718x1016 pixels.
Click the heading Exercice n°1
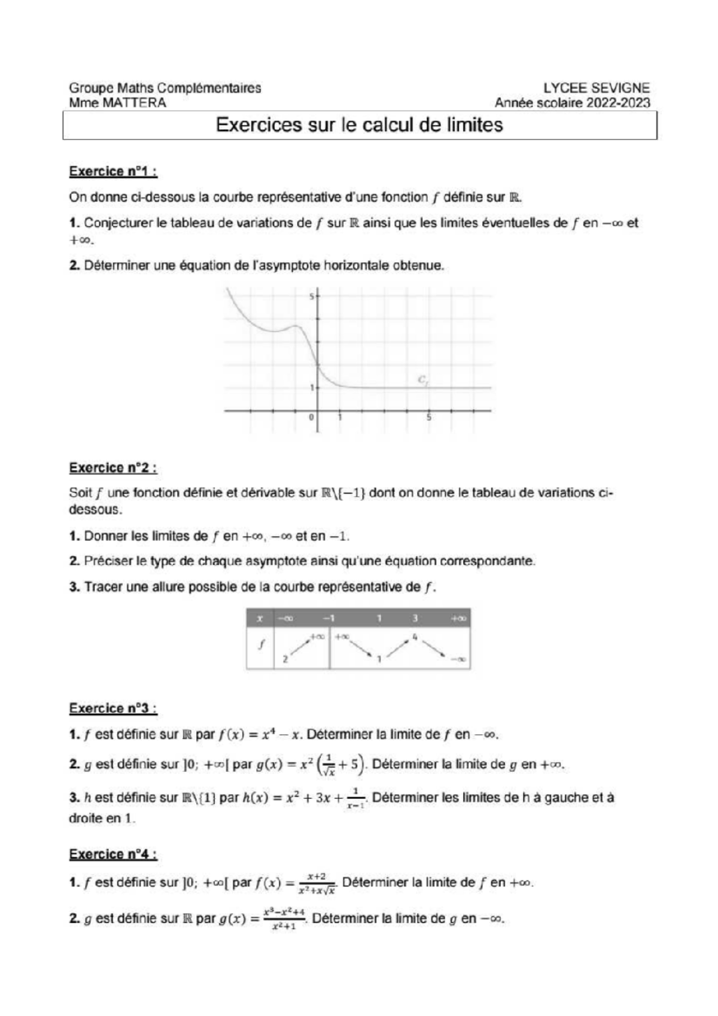[x=113, y=171]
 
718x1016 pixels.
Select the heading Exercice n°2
[x=113, y=467]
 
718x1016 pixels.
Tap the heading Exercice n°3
[x=113, y=708]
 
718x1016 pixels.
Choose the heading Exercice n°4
[x=113, y=854]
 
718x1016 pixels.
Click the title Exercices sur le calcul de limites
[x=359, y=125]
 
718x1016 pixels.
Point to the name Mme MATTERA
[x=117, y=103]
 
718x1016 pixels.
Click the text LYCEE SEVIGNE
[x=596, y=88]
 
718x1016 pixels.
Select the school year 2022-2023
[x=617, y=103]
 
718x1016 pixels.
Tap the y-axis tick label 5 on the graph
[x=311, y=297]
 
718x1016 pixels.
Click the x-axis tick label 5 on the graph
[x=429, y=418]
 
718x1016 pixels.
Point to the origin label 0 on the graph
[x=311, y=418]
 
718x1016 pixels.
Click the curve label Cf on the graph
[x=422, y=379]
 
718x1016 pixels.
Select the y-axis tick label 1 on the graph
[x=311, y=388]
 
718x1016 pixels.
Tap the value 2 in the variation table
[x=285, y=659]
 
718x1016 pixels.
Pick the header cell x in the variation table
[x=260, y=618]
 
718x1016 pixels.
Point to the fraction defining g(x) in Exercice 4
[x=284, y=919]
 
